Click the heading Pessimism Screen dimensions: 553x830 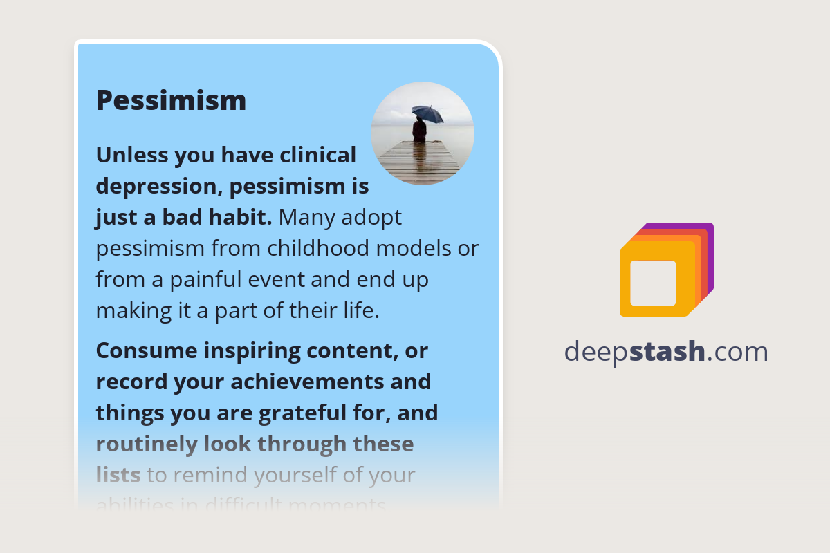point(171,100)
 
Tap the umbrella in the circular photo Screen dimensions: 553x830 point(427,113)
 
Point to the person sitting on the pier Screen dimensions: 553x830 point(419,131)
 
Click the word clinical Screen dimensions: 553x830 point(317,155)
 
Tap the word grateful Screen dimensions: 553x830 point(316,413)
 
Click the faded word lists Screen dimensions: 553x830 point(118,475)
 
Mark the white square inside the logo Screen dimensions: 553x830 point(653,283)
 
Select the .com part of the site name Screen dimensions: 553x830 point(738,352)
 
